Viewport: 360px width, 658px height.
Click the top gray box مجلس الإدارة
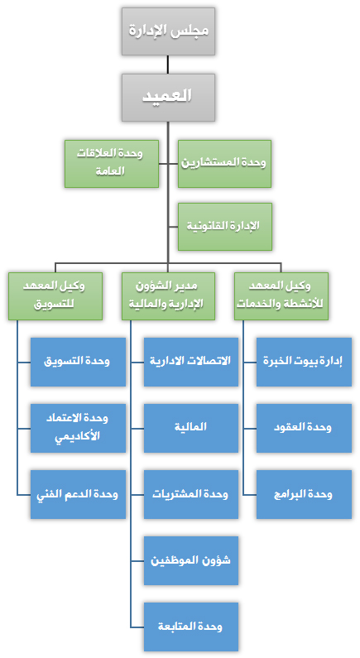[x=168, y=31]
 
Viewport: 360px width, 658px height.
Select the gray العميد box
[x=168, y=98]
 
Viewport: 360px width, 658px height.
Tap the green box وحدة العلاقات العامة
[x=112, y=164]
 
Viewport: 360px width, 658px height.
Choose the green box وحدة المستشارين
[x=224, y=164]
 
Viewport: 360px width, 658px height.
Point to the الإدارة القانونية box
[x=224, y=227]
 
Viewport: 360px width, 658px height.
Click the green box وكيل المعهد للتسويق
[x=55, y=296]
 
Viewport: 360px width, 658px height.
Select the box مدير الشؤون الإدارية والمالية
[x=168, y=296]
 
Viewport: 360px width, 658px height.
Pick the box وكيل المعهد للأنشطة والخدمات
[x=281, y=296]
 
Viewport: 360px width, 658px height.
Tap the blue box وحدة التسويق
[x=78, y=362]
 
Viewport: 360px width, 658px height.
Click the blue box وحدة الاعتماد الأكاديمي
[x=78, y=428]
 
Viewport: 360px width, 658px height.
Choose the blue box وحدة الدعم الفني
[x=78, y=494]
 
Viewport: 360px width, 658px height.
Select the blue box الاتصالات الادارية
[x=191, y=362]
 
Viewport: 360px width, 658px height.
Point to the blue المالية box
[x=191, y=428]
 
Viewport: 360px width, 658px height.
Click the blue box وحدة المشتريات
[x=191, y=494]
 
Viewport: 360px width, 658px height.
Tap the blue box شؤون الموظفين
[x=191, y=560]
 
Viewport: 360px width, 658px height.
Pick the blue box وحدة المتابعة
[x=191, y=627]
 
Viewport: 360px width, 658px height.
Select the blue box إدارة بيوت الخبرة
[x=305, y=362]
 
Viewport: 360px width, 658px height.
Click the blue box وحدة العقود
[x=305, y=428]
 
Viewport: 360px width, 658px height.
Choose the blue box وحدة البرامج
[x=305, y=494]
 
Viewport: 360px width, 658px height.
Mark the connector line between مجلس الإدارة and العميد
[x=168, y=65]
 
